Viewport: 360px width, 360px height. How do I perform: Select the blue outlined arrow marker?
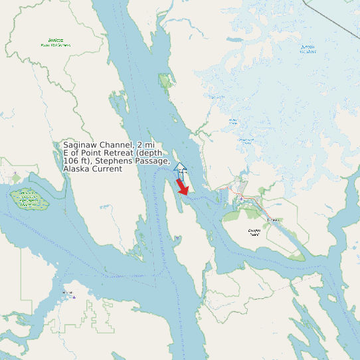point(179,167)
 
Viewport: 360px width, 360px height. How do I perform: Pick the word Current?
point(108,169)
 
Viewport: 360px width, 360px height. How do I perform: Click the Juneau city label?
point(272,220)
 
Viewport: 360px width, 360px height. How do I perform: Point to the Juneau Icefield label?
point(308,48)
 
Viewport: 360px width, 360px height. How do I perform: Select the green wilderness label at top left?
point(55,43)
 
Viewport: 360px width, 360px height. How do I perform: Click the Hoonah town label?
point(67,292)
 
